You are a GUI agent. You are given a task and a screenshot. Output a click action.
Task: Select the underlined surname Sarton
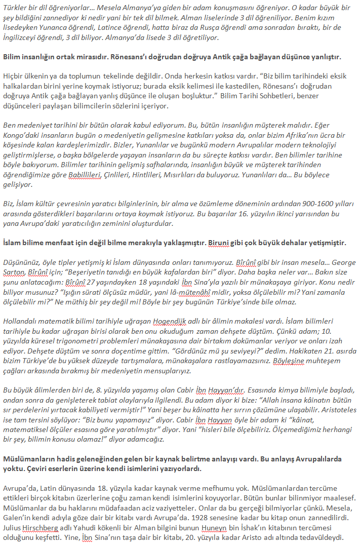click(x=15, y=272)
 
